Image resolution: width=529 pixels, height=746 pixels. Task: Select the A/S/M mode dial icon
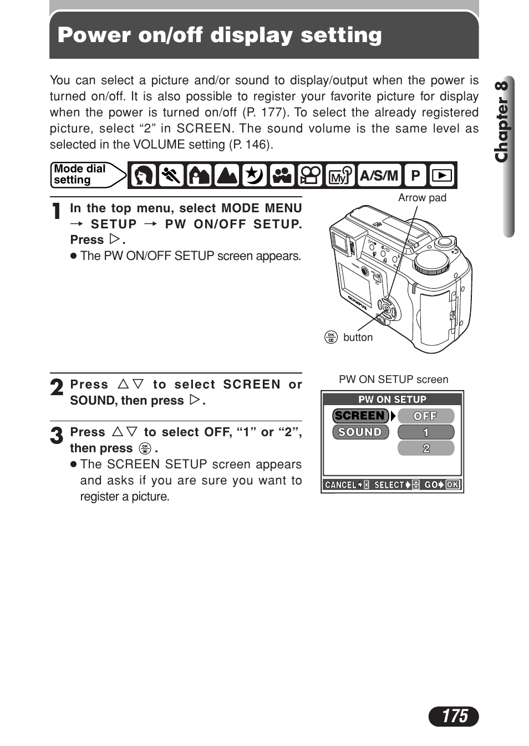379,176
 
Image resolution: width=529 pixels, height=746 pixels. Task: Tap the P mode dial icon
415,176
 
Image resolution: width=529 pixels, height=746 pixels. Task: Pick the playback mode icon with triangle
442,176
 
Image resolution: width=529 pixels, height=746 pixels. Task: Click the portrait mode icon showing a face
144,176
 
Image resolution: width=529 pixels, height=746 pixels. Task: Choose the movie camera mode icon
310,176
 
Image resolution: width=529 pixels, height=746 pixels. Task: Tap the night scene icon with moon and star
255,176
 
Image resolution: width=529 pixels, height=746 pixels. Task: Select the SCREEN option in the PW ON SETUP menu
360,416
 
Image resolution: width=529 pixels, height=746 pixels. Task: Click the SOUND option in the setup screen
360,432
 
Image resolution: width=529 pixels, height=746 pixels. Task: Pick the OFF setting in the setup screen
425,416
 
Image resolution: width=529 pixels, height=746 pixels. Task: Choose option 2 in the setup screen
425,448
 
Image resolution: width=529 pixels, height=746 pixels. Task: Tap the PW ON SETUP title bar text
392,399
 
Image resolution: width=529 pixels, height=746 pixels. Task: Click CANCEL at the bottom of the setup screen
340,485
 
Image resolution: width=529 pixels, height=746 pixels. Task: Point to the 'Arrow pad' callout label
422,198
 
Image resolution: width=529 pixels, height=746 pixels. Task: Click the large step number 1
56,211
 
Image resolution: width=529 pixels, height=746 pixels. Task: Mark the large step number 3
57,436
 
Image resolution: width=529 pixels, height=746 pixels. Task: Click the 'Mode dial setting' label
80,175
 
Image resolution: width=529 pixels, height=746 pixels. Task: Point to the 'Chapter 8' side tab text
502,121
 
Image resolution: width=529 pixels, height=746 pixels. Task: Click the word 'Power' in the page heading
94,35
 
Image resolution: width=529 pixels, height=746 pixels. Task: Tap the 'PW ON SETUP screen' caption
393,380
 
